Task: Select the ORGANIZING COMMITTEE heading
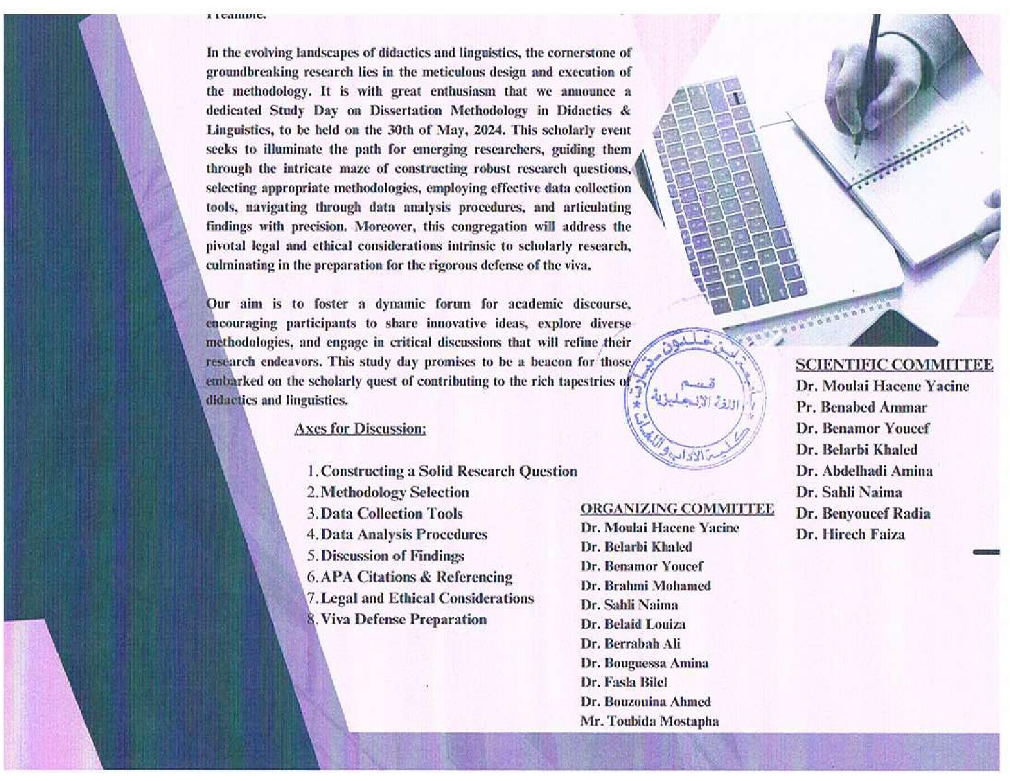point(676,508)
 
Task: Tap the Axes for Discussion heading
point(360,428)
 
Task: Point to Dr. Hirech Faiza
point(850,534)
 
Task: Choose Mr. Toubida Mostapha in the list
point(649,721)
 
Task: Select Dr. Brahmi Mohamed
point(646,586)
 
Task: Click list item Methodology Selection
point(395,492)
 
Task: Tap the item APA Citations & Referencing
point(416,577)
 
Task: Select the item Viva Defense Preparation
point(403,619)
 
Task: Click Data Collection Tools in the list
point(392,513)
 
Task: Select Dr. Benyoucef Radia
point(863,513)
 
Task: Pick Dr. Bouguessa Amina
point(644,663)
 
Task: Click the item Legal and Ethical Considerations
point(427,598)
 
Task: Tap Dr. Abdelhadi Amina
point(864,471)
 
